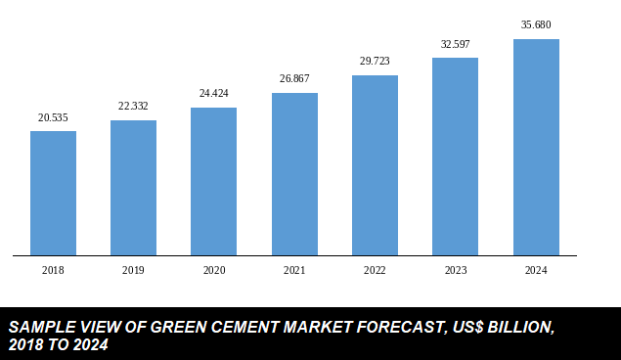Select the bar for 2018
(53, 194)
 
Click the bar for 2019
(133, 188)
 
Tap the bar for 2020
(213, 182)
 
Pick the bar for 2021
(294, 174)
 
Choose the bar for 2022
(375, 165)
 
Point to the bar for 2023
(455, 157)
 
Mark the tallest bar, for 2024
(536, 148)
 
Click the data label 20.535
(53, 117)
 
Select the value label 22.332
(133, 107)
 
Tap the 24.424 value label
(213, 94)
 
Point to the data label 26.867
(294, 79)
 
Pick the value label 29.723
(375, 62)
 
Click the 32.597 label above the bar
(455, 44)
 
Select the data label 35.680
(536, 24)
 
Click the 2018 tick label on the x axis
(53, 270)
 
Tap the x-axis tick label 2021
(294, 270)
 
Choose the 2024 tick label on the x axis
(536, 270)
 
